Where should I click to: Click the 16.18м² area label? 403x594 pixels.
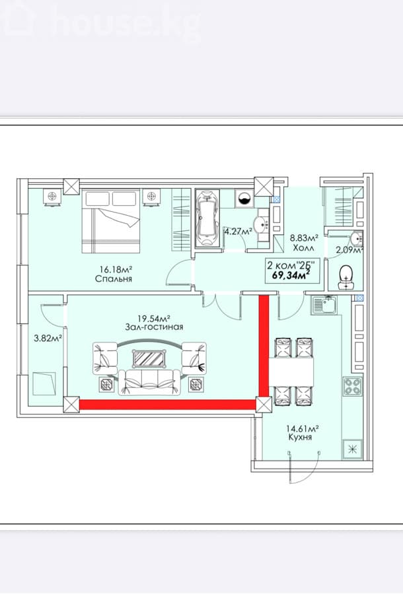116,270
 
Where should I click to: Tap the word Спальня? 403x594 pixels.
114,279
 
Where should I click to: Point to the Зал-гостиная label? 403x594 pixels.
155,327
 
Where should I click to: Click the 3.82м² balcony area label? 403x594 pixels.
48,339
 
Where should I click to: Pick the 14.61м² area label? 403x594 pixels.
302,428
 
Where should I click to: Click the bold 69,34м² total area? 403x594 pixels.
291,275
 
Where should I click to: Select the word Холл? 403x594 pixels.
303,248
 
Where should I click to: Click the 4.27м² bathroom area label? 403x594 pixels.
238,232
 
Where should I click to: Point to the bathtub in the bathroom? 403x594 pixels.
207,218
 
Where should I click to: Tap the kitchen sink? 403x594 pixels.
323,306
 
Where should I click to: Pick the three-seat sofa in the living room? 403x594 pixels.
149,382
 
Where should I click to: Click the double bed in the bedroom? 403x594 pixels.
111,222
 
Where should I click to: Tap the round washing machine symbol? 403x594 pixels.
243,198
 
